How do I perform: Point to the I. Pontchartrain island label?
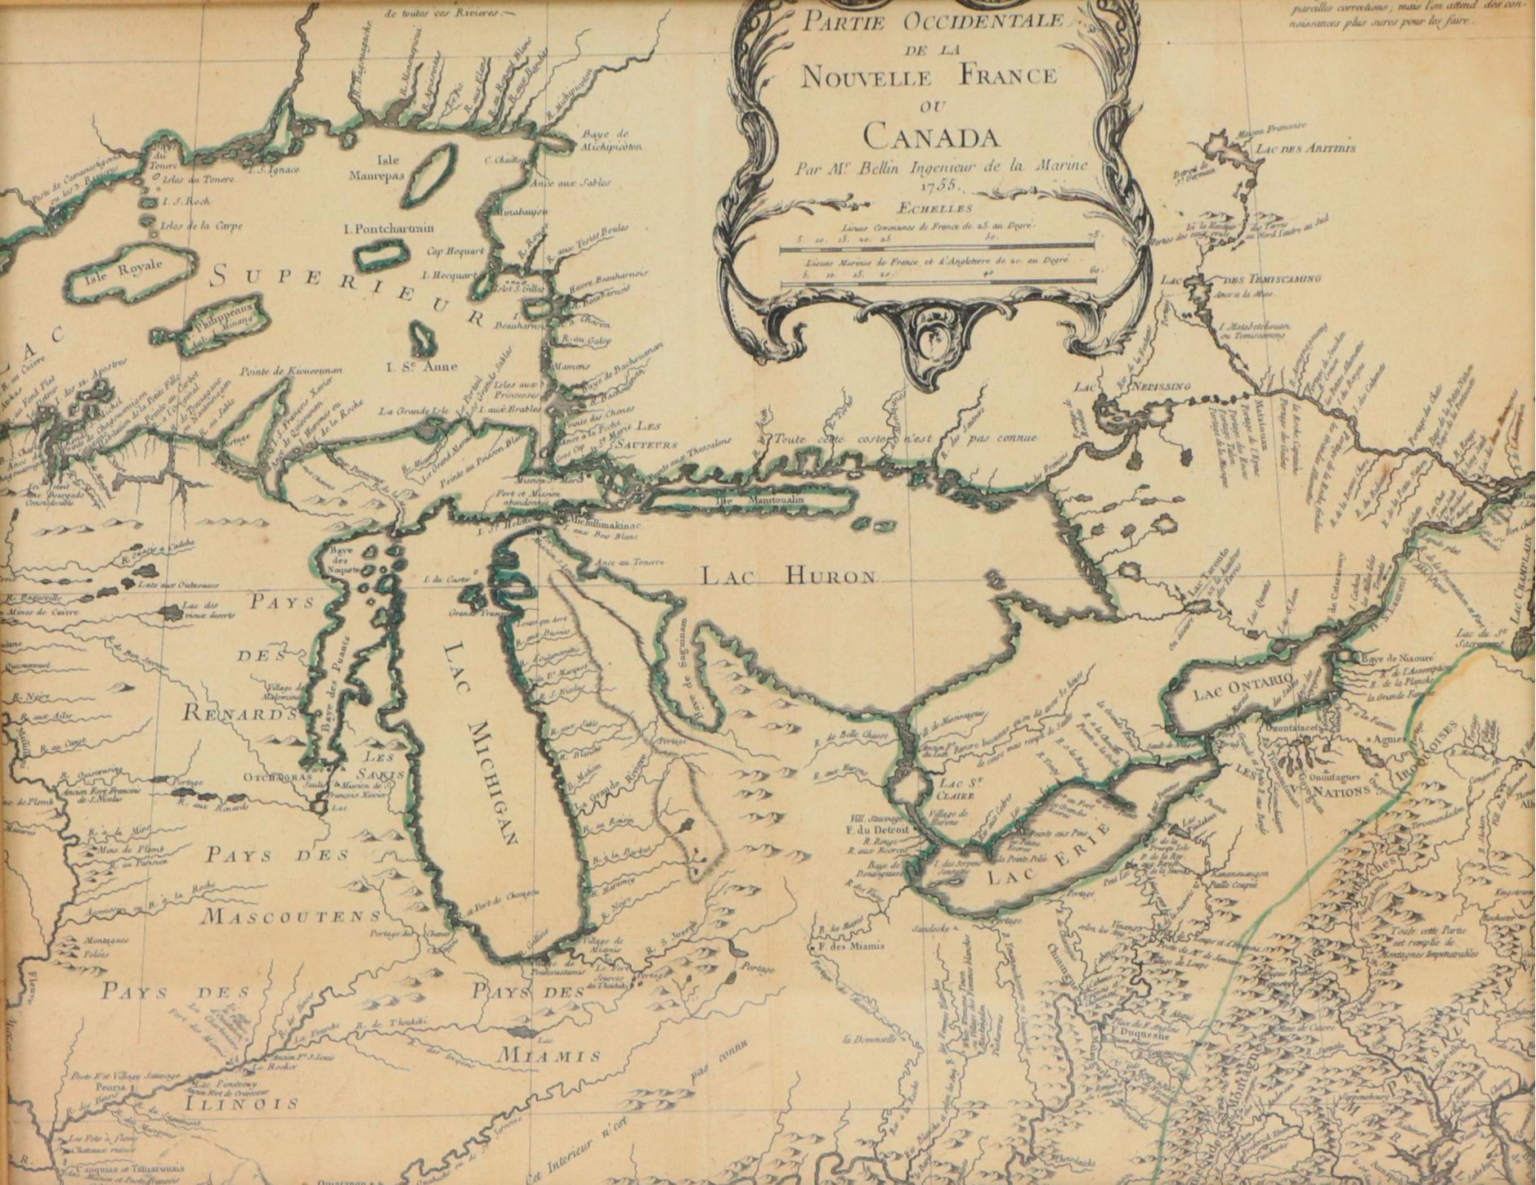pyautogui.click(x=389, y=228)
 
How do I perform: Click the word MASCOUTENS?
pyautogui.click(x=291, y=916)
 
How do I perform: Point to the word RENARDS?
pyautogui.click(x=238, y=712)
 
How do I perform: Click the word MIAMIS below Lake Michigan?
pyautogui.click(x=549, y=1056)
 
